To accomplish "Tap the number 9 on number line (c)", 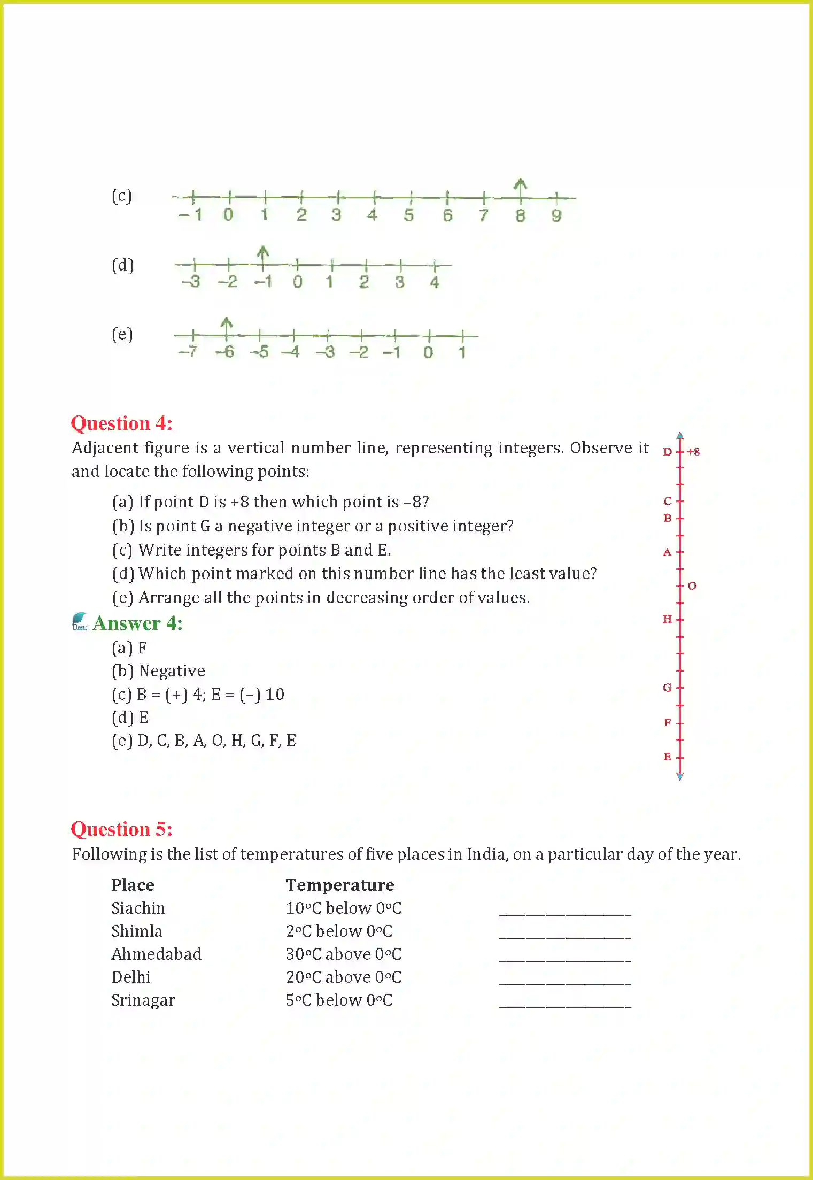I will click(556, 215).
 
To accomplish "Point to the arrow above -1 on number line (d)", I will click(262, 253).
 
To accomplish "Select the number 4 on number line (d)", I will click(435, 282).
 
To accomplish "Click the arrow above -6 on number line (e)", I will click(227, 325).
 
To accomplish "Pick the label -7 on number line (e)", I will click(188, 352).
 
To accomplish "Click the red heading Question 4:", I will click(121, 423).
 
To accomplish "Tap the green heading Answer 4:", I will click(137, 623).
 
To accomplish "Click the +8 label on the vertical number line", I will click(693, 452).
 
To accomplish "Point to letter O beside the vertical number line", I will click(692, 586).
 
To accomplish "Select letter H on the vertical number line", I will click(667, 619).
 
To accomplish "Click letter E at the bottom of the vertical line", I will click(667, 757).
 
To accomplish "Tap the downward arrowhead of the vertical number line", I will click(680, 776).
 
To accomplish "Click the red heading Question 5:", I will click(121, 829).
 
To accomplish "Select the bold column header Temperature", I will click(340, 885).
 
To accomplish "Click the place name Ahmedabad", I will click(156, 954).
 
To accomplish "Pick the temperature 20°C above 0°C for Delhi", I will click(344, 977).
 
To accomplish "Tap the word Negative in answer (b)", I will click(172, 671).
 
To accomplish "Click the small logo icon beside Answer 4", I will click(80, 621).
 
